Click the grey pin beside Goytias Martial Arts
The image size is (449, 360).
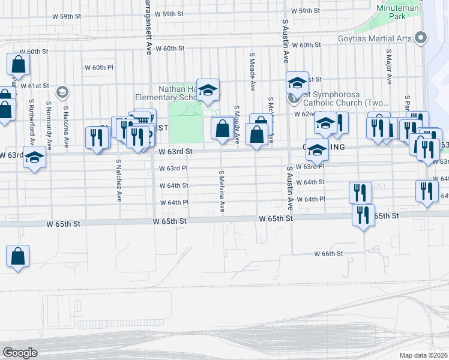pos(421,38)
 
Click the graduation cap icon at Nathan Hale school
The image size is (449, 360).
pos(208,91)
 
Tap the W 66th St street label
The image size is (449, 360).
pos(328,254)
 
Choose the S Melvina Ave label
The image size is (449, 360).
pos(222,191)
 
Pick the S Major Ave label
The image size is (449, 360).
pos(389,70)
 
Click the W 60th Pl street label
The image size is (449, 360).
pos(103,67)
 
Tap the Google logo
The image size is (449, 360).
pos(20,353)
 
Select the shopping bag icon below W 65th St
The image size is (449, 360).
pos(18,256)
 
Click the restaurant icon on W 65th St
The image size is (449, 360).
pos(363,215)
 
